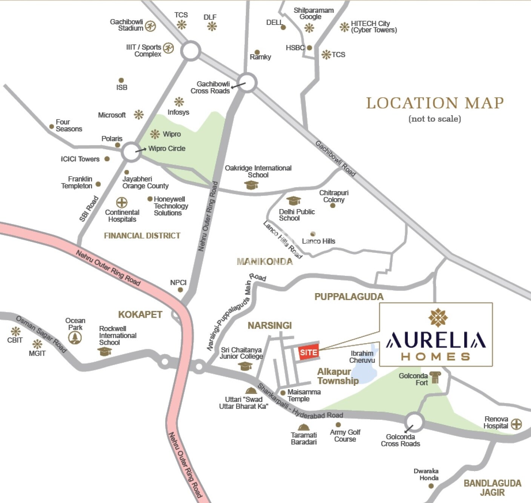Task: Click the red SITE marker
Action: click(308, 352)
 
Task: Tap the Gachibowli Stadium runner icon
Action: click(150, 26)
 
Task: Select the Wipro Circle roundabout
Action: click(131, 152)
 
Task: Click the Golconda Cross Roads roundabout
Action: click(414, 421)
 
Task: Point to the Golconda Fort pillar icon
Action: click(435, 378)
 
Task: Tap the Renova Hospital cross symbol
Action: click(516, 424)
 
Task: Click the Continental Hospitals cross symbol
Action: click(121, 203)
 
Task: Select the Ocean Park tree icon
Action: click(75, 338)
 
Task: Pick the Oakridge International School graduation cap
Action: click(251, 185)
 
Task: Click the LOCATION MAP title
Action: click(435, 103)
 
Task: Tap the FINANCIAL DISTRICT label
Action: click(142, 236)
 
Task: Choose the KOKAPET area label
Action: click(140, 315)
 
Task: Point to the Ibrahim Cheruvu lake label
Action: click(362, 356)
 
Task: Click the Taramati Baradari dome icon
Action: click(304, 427)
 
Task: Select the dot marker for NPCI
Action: click(180, 290)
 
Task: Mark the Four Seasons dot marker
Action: click(52, 127)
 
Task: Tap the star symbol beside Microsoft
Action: click(139, 115)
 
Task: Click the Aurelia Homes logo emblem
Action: click(438, 317)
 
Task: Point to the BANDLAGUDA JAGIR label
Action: click(492, 488)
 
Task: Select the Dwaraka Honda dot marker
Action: click(431, 486)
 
